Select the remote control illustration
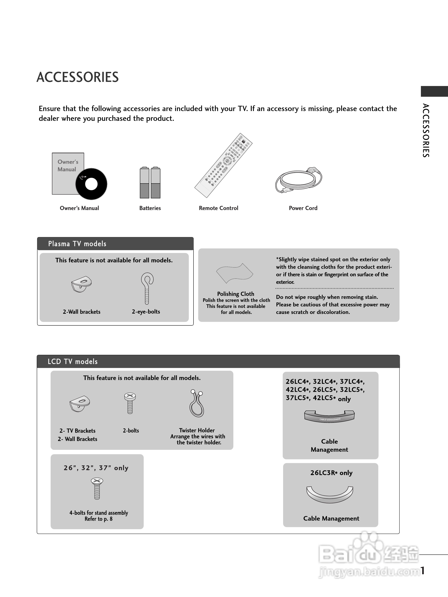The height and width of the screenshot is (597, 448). coord(223,165)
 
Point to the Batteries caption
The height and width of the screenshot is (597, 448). coord(150,208)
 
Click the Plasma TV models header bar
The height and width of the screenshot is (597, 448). coord(115,244)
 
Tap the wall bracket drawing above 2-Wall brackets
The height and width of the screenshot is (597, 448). coord(81,284)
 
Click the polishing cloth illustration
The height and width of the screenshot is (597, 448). coord(235,273)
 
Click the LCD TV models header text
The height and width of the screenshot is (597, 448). coord(73,361)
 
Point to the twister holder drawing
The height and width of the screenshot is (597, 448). coord(197,404)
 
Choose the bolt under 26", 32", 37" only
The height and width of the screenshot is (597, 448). coord(97,489)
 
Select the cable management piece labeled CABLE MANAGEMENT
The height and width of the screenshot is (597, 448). coord(329,416)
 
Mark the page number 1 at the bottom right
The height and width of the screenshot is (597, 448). coord(423,570)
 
